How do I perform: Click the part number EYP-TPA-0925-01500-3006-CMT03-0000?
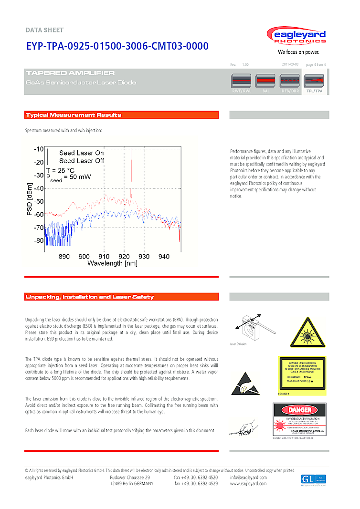click(117, 46)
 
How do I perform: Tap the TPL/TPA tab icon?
click(314, 80)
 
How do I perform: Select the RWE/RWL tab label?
click(241, 91)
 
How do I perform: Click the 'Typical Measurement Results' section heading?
click(74, 115)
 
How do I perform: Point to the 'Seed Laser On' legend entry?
click(81, 153)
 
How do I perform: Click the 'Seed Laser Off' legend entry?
click(81, 161)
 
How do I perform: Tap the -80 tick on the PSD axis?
click(38, 240)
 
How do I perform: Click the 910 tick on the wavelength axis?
click(104, 257)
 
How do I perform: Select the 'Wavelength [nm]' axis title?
click(112, 263)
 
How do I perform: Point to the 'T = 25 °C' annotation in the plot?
click(60, 170)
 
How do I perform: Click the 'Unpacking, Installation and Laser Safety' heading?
click(90, 297)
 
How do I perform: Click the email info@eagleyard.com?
click(248, 477)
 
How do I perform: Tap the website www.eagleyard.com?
click(248, 483)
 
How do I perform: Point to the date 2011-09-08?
click(290, 64)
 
